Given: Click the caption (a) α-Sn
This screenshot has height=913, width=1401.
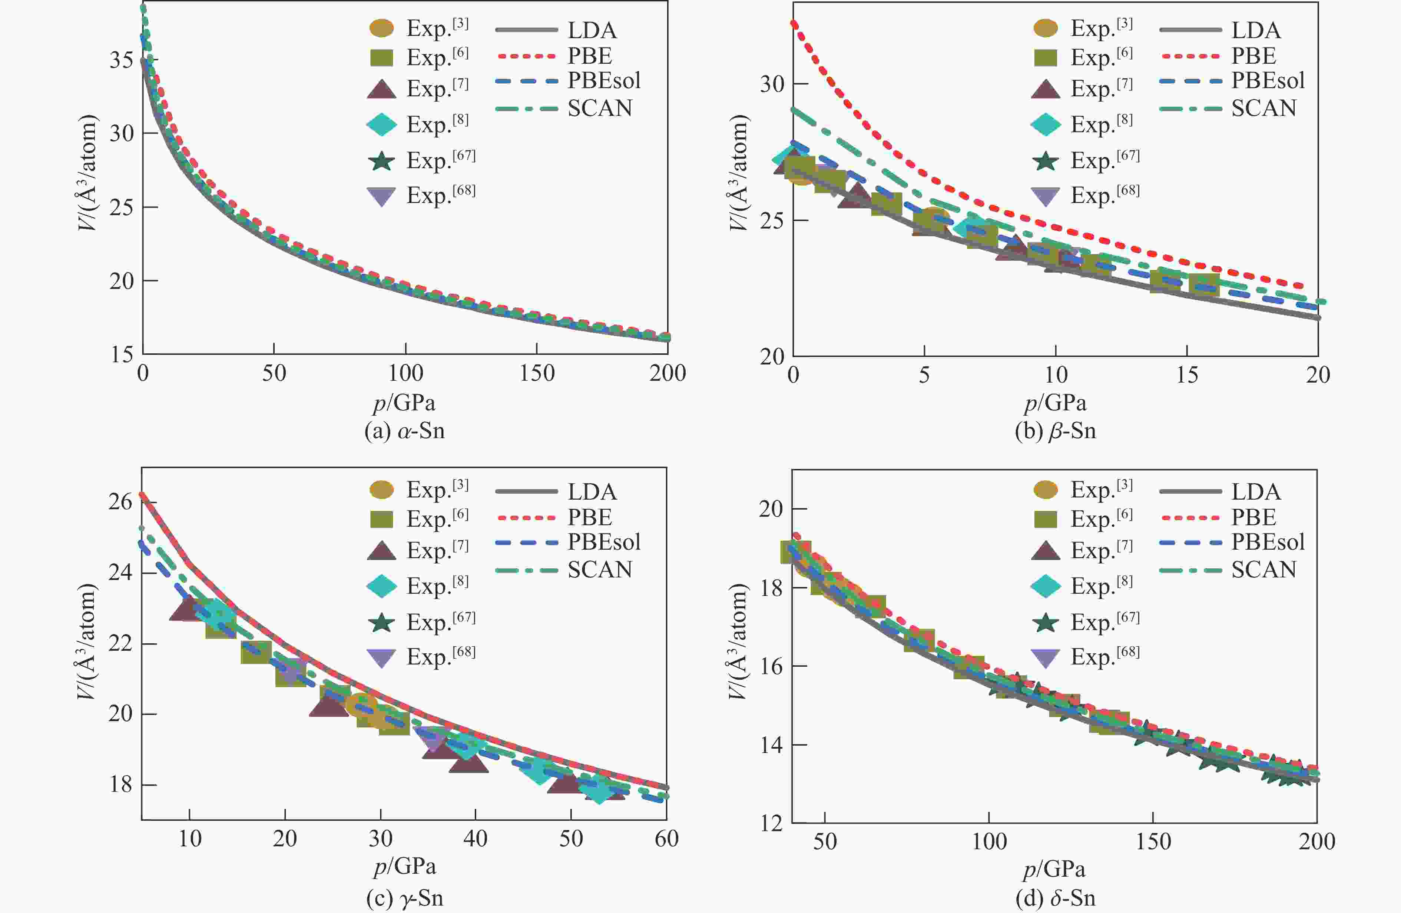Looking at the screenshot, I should (x=404, y=431).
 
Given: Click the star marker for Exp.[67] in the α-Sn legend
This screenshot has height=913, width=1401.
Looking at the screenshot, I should (x=381, y=161).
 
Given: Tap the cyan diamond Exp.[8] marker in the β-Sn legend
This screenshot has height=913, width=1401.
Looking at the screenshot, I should (x=1046, y=124).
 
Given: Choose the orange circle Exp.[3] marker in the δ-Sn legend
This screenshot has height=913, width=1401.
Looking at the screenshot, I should (x=1046, y=489).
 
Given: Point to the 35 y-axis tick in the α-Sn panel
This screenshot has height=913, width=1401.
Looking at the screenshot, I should (x=121, y=60).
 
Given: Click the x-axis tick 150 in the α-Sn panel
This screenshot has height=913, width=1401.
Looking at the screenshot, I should (x=536, y=373).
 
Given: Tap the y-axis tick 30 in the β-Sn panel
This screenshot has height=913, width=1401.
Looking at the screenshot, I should (x=772, y=84).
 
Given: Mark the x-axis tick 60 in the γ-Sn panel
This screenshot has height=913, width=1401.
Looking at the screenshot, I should (x=666, y=838).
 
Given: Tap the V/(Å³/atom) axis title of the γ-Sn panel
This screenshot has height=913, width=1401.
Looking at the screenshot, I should (x=86, y=641).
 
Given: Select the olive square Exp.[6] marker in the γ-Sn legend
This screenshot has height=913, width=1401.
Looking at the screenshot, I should (x=381, y=519).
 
